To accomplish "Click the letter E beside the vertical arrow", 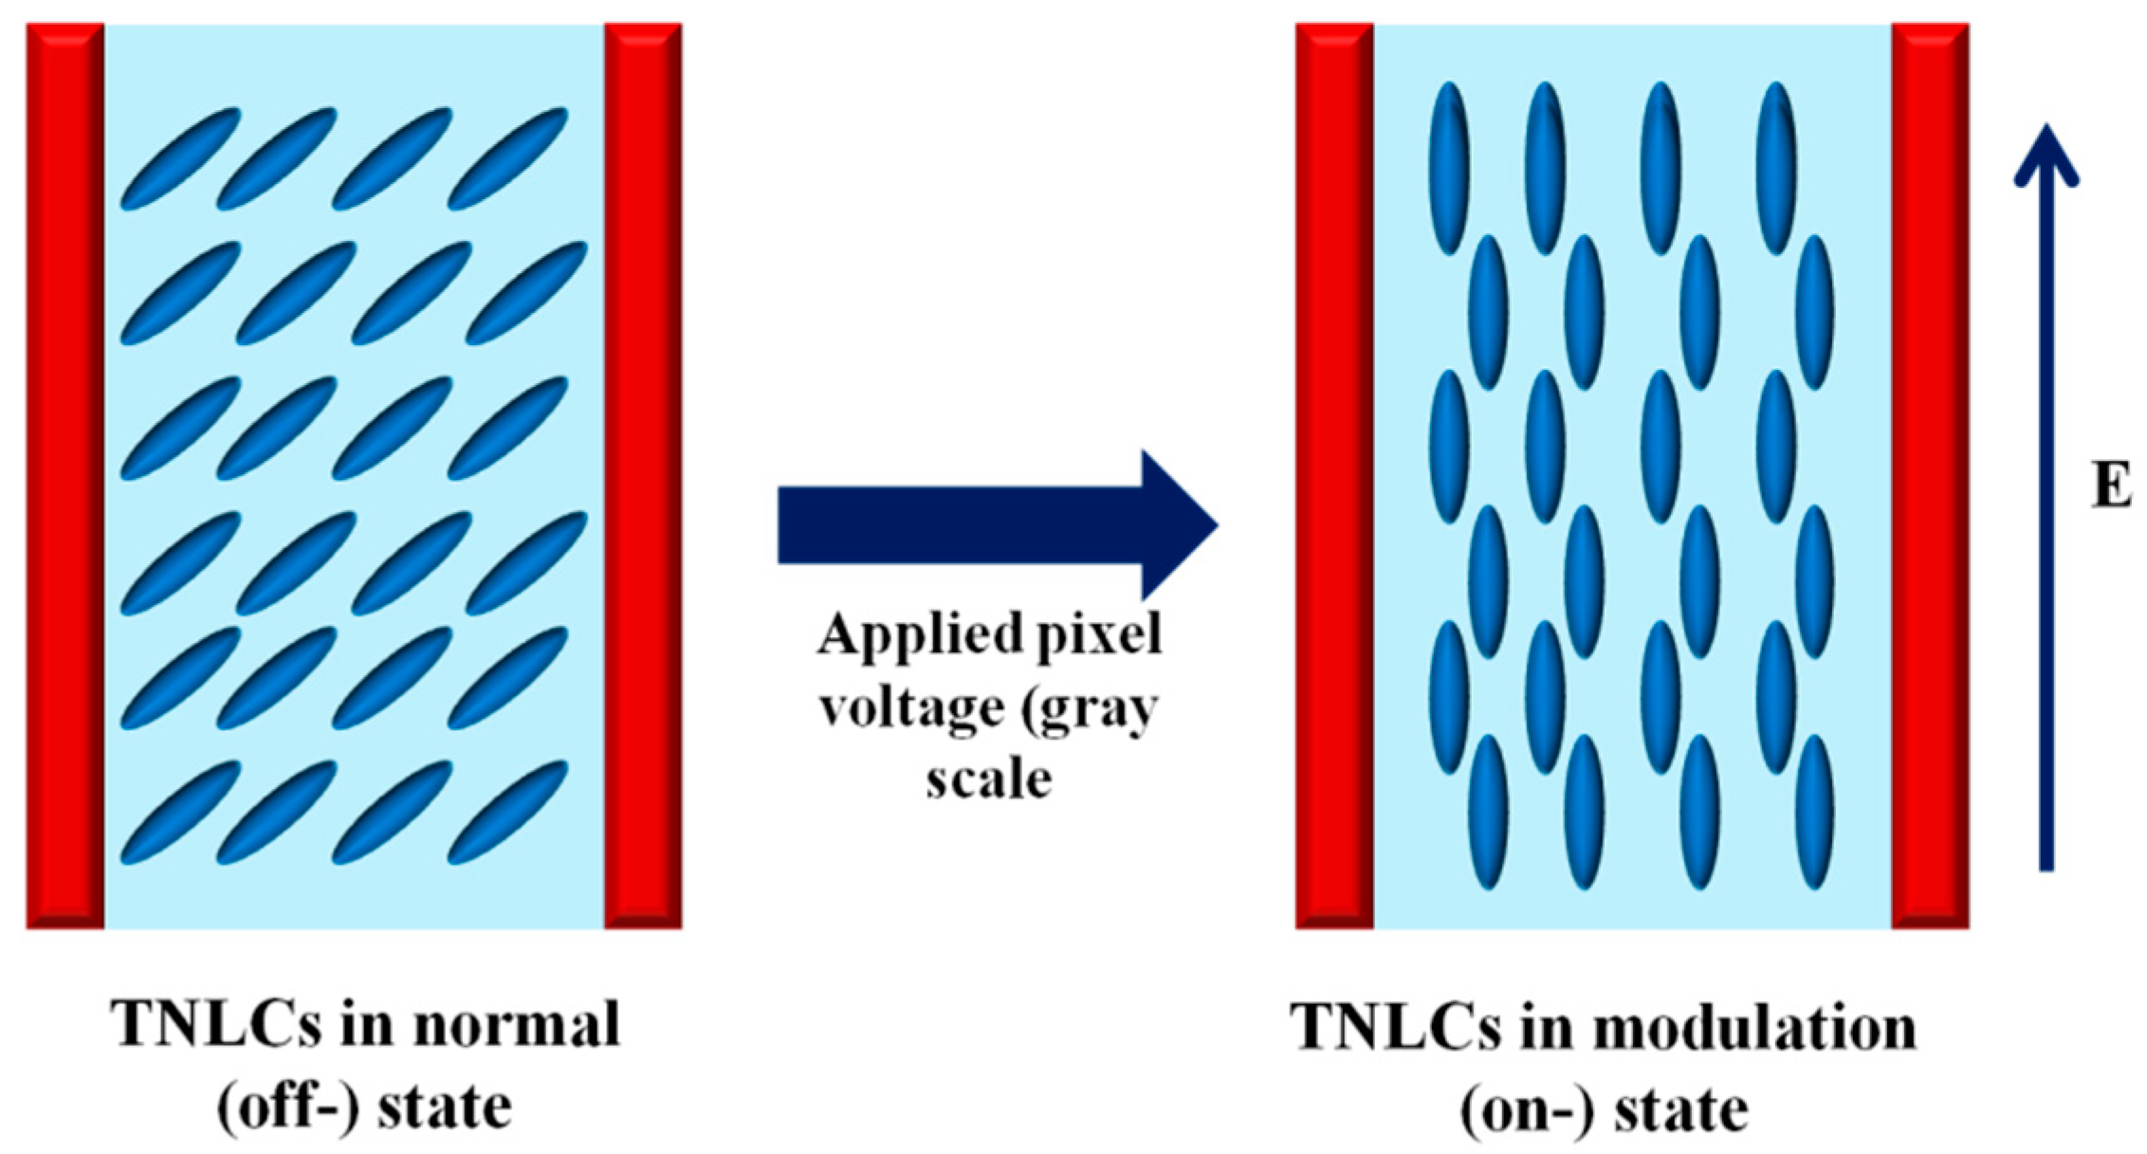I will click(2111, 488).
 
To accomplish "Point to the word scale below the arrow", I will click(988, 779).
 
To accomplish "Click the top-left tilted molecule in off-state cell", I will click(180, 158).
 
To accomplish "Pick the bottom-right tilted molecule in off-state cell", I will click(507, 812).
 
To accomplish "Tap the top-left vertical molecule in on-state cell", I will click(1448, 168).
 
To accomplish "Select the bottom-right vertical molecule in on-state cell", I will click(1813, 812).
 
